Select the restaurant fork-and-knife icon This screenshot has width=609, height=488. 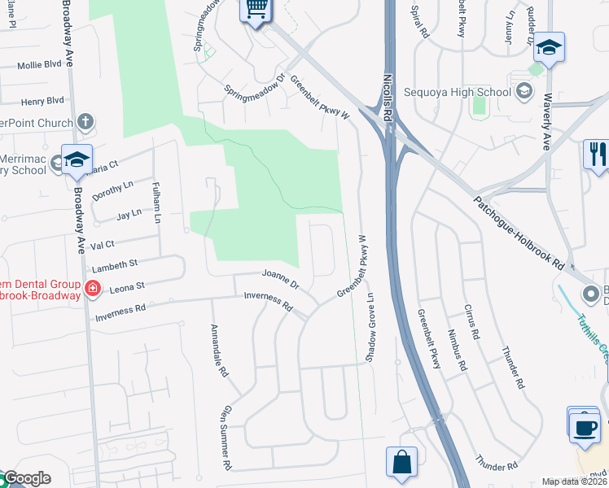(x=597, y=155)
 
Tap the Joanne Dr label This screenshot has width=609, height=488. (x=280, y=280)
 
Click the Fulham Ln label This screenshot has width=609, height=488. (x=156, y=203)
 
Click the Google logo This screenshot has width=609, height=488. (x=26, y=478)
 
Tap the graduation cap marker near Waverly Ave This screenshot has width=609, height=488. (x=550, y=48)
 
